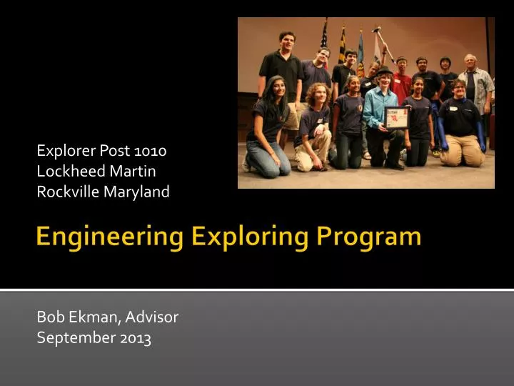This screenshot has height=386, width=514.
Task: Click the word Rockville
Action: point(65,192)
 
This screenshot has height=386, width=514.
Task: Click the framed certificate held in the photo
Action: point(396,118)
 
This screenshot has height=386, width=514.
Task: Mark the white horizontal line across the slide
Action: point(257,289)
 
